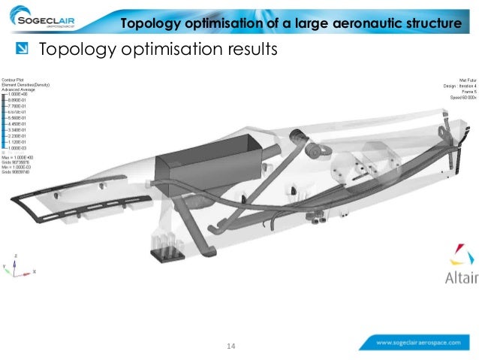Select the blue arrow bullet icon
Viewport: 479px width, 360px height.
click(23, 50)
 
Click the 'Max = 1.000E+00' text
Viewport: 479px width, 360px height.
click(19, 156)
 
